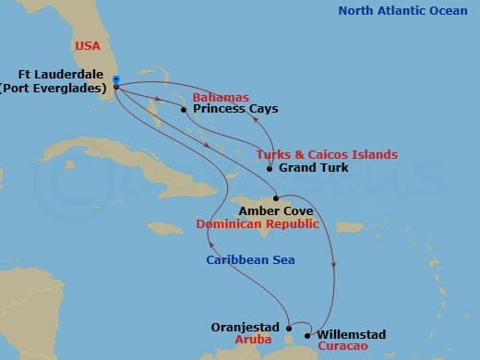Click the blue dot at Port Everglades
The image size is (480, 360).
pyautogui.click(x=115, y=79)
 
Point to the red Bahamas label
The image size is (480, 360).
pyautogui.click(x=221, y=97)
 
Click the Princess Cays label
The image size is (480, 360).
pyautogui.click(x=235, y=109)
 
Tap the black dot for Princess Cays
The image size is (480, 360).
pyautogui.click(x=184, y=110)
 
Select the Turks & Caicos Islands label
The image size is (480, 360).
pyautogui.click(x=327, y=154)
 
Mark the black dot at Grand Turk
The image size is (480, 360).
pyautogui.click(x=269, y=169)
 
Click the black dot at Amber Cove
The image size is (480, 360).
pyautogui.click(x=276, y=198)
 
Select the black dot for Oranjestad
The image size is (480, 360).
pyautogui.click(x=289, y=326)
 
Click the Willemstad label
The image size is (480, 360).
pyautogui.click(x=351, y=334)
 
